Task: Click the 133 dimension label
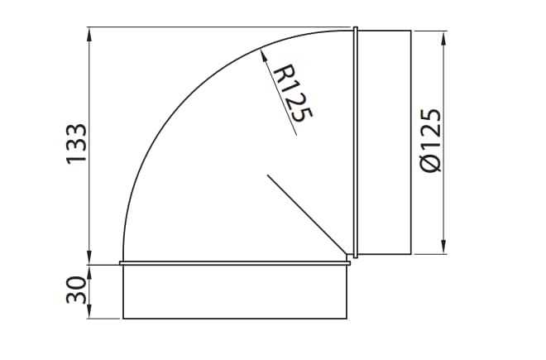click(76, 144)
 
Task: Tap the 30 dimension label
click(76, 290)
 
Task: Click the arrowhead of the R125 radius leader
click(262, 52)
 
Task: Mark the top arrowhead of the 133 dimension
click(89, 33)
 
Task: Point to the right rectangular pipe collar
click(384, 142)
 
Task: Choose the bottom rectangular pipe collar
click(235, 292)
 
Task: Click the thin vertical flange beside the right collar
click(355, 142)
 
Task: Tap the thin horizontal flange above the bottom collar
click(235, 264)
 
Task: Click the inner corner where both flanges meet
click(351, 259)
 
